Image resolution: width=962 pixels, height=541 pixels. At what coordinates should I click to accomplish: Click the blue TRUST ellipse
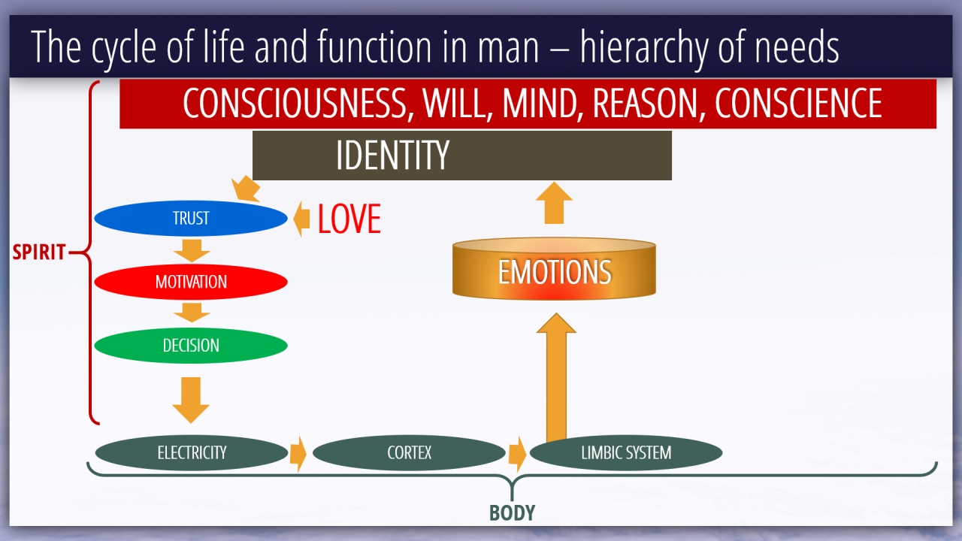pyautogui.click(x=191, y=218)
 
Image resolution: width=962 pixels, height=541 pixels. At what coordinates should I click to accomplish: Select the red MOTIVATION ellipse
pyautogui.click(x=191, y=282)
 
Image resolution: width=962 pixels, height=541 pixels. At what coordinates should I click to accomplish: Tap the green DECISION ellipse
pyautogui.click(x=191, y=345)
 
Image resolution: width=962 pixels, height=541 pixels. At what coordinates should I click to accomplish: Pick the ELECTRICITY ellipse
pyautogui.click(x=192, y=452)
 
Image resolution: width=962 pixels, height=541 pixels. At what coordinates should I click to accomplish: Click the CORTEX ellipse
pyautogui.click(x=409, y=452)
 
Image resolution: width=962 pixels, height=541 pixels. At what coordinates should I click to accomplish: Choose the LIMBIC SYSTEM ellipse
pyautogui.click(x=626, y=452)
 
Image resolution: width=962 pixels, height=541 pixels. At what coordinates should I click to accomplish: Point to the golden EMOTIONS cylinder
pyautogui.click(x=554, y=268)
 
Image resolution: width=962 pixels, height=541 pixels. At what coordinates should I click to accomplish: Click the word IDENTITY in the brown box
pyautogui.click(x=392, y=155)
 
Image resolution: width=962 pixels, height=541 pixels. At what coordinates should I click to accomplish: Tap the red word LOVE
pyautogui.click(x=349, y=219)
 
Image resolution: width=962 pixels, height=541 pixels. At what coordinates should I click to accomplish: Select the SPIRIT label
pyautogui.click(x=39, y=252)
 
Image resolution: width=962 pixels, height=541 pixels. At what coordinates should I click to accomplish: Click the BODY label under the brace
pyautogui.click(x=513, y=512)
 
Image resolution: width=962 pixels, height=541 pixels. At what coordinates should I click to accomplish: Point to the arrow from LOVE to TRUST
pyautogui.click(x=301, y=219)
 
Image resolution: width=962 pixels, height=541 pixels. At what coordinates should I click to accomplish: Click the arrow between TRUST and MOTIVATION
pyautogui.click(x=192, y=251)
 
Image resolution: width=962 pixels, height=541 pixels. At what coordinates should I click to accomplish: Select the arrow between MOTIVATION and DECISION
pyautogui.click(x=192, y=313)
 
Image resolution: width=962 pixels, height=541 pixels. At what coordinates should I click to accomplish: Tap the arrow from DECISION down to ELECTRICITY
pyautogui.click(x=191, y=400)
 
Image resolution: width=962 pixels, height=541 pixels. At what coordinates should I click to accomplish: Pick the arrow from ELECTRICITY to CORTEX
pyautogui.click(x=298, y=454)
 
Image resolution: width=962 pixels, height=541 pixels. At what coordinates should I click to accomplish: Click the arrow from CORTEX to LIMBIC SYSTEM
pyautogui.click(x=517, y=454)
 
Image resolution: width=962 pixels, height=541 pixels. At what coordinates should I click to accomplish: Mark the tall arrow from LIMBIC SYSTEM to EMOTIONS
pyautogui.click(x=556, y=377)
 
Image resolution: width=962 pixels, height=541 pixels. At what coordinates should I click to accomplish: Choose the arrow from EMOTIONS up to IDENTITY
pyautogui.click(x=554, y=203)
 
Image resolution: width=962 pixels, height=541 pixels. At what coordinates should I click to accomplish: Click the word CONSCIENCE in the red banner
pyautogui.click(x=798, y=103)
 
